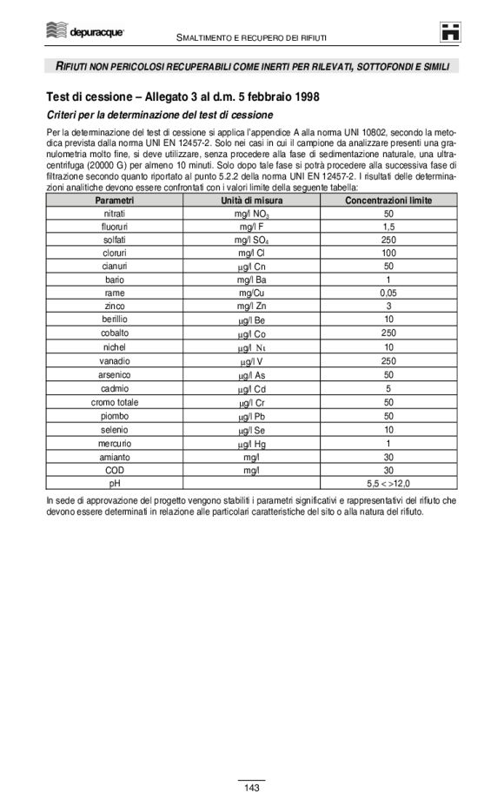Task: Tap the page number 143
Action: tap(252, 788)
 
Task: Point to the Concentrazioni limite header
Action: tap(388, 200)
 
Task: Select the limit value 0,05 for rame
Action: tap(388, 293)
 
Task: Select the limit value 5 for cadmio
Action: tap(388, 386)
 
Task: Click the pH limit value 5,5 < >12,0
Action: tap(388, 483)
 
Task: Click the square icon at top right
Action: tap(449, 31)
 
